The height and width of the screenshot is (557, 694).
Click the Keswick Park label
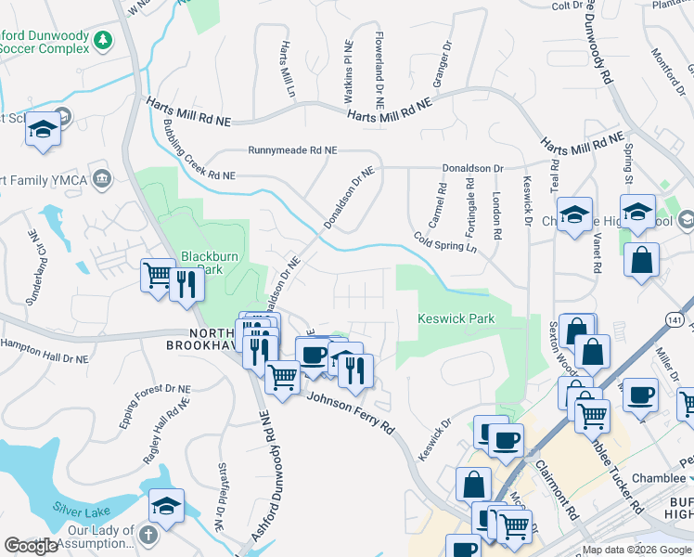pyautogui.click(x=456, y=318)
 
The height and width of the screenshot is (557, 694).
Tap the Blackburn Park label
pyautogui.click(x=204, y=262)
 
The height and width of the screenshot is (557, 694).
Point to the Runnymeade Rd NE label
pyautogui.click(x=291, y=149)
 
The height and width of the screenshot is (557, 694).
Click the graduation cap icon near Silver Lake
pyautogui.click(x=166, y=505)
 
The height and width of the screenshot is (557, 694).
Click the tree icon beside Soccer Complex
pyautogui.click(x=105, y=40)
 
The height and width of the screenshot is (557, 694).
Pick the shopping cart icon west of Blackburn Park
pyautogui.click(x=158, y=275)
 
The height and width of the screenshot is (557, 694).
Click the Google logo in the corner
pyautogui.click(x=31, y=546)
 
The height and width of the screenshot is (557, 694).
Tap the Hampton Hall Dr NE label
pyautogui.click(x=44, y=350)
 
